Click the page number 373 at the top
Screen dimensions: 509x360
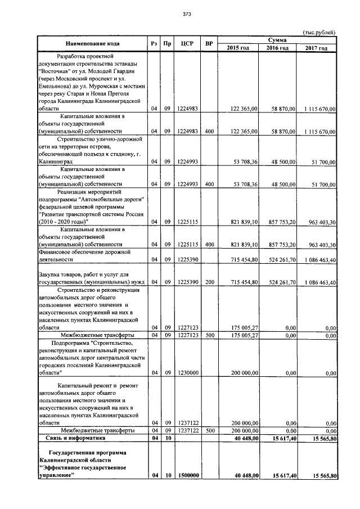[x=179, y=15]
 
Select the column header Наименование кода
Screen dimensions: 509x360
[x=91, y=43]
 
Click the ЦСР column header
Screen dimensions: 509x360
[x=187, y=43]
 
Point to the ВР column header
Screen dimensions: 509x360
[x=209, y=43]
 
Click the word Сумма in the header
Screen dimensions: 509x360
[x=277, y=39]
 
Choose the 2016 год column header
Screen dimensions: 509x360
[x=277, y=48]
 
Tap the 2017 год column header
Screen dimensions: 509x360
[x=317, y=48]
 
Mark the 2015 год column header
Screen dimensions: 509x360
[x=237, y=48]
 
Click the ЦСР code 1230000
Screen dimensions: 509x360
[x=186, y=372]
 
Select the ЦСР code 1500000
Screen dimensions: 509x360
[x=187, y=476]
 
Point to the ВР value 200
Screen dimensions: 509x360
[x=209, y=282]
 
